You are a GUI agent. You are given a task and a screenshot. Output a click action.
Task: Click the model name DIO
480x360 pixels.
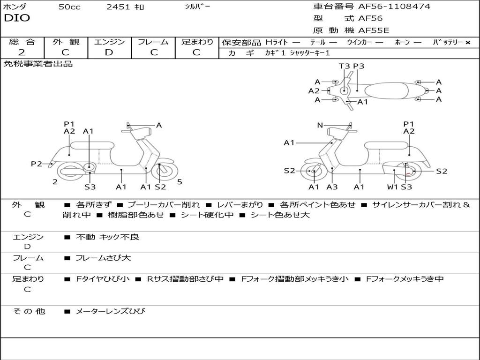(x=17, y=18)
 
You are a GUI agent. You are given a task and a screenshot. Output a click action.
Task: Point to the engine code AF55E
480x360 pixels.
(x=374, y=31)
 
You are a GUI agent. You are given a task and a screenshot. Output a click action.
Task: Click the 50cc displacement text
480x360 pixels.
(x=69, y=7)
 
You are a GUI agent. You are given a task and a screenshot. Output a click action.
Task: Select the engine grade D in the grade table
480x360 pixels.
(x=109, y=52)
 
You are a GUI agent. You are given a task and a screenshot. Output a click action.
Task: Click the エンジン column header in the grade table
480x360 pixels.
(x=109, y=42)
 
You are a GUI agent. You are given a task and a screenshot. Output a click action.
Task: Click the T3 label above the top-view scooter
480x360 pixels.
(x=344, y=66)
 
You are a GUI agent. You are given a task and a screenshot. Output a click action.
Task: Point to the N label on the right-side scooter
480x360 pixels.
(x=320, y=125)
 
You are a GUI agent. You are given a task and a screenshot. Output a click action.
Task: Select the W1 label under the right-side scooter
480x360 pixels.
(x=392, y=187)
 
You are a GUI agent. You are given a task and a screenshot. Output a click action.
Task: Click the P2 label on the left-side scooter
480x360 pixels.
(x=36, y=164)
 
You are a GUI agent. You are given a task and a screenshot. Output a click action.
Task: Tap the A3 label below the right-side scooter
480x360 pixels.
(x=332, y=187)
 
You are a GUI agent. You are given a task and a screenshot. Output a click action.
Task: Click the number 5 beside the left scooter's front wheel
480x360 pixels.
(x=180, y=182)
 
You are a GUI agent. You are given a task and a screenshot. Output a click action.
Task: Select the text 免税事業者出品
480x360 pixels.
(x=38, y=64)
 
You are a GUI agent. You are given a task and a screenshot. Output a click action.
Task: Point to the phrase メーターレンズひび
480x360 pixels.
(x=111, y=311)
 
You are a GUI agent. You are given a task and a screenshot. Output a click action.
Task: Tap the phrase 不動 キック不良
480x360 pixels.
(x=107, y=237)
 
